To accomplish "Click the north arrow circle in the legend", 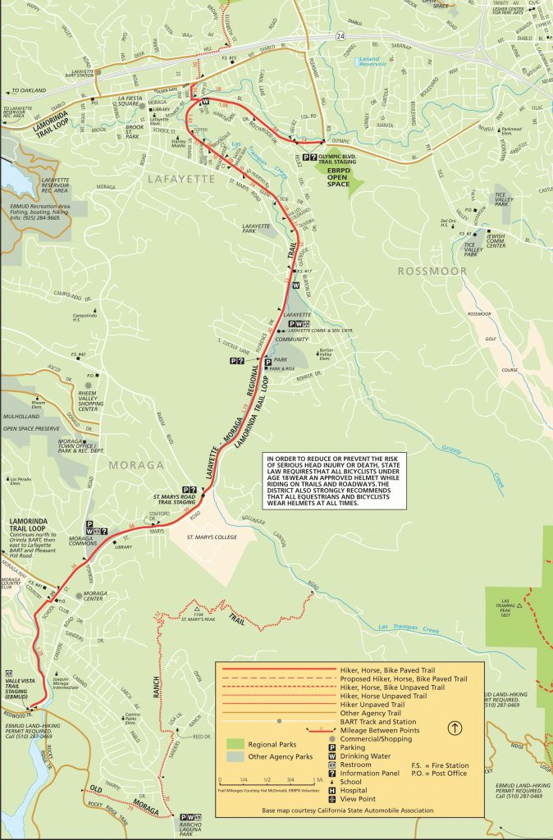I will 455,727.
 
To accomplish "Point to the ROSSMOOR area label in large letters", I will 432,271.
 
